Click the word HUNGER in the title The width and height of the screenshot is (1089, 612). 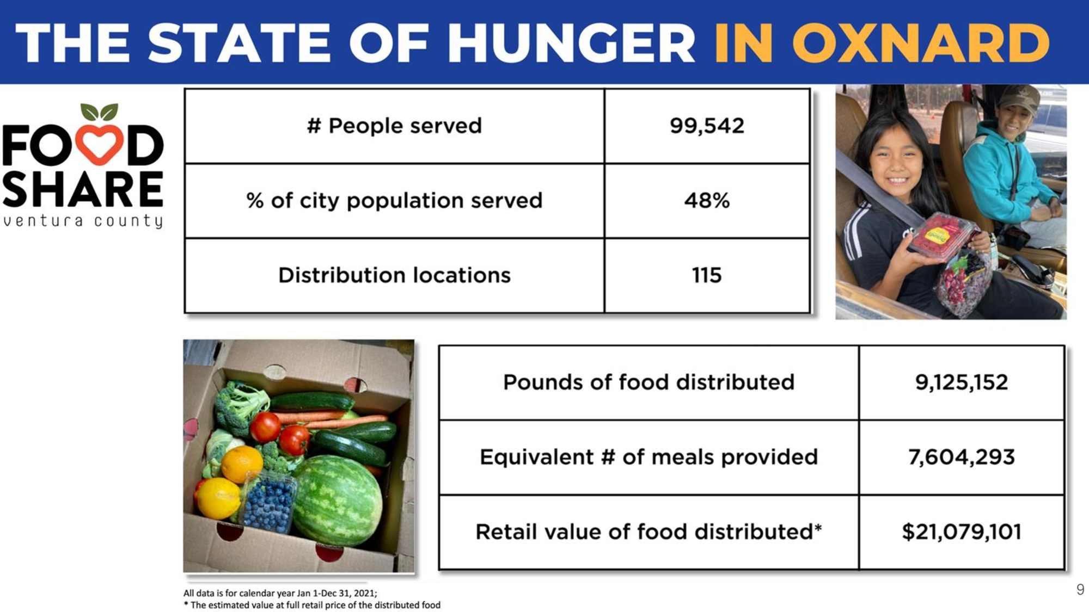[x=571, y=43]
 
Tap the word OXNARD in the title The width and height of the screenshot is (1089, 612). [x=921, y=43]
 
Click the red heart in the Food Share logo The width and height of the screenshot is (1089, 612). [x=99, y=144]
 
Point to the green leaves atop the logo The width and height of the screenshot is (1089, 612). [x=99, y=112]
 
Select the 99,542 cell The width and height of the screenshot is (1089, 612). [x=707, y=126]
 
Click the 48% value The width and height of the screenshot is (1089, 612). [x=707, y=201]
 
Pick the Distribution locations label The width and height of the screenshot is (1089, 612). [x=394, y=275]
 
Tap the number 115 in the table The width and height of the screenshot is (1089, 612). [x=707, y=275]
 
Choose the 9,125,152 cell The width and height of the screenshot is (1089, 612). [x=962, y=382]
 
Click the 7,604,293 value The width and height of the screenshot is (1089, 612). [x=962, y=457]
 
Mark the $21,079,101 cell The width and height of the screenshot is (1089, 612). [x=962, y=532]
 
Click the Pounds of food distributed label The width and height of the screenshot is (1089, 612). [x=648, y=382]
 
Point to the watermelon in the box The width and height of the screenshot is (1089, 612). [x=338, y=500]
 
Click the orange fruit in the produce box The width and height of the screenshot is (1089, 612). [x=241, y=464]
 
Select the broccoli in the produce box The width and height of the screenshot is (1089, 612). [x=240, y=405]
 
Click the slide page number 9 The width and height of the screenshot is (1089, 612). [x=1080, y=589]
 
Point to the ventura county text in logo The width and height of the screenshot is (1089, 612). [x=83, y=221]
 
